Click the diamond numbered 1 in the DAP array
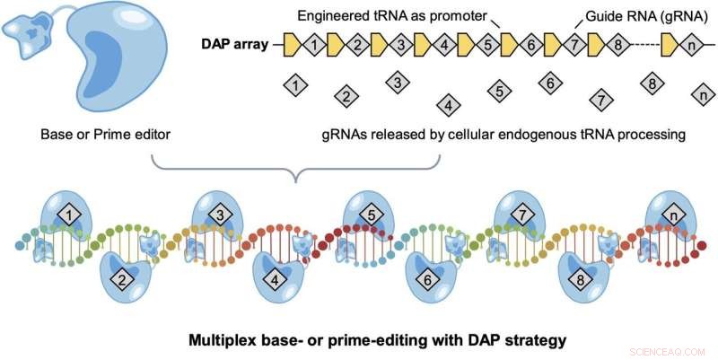click(x=313, y=43)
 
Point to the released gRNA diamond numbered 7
click(x=601, y=98)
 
